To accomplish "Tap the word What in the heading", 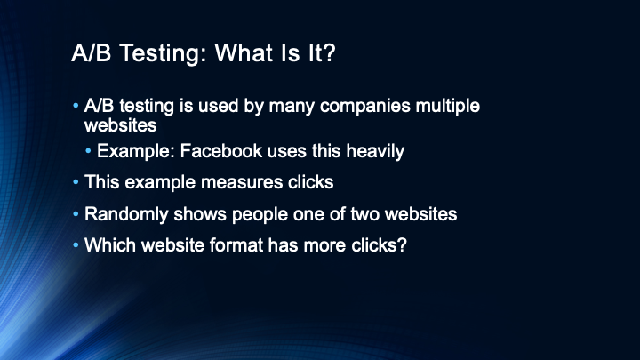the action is tap(244, 52).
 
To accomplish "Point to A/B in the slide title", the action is tap(91, 52).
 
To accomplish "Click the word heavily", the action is tap(375, 151).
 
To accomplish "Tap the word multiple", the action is tap(448, 106).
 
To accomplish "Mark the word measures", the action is tap(242, 182).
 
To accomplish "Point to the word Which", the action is tap(110, 245).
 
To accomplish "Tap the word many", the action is tap(292, 107).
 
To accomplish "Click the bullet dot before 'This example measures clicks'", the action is tap(76, 182).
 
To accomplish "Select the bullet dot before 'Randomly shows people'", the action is tap(76, 214).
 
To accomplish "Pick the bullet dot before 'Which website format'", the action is tap(76, 245).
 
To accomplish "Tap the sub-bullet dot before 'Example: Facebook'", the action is tap(88, 151).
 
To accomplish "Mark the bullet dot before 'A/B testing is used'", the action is tap(76, 106).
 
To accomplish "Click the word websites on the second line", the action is tap(120, 125).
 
